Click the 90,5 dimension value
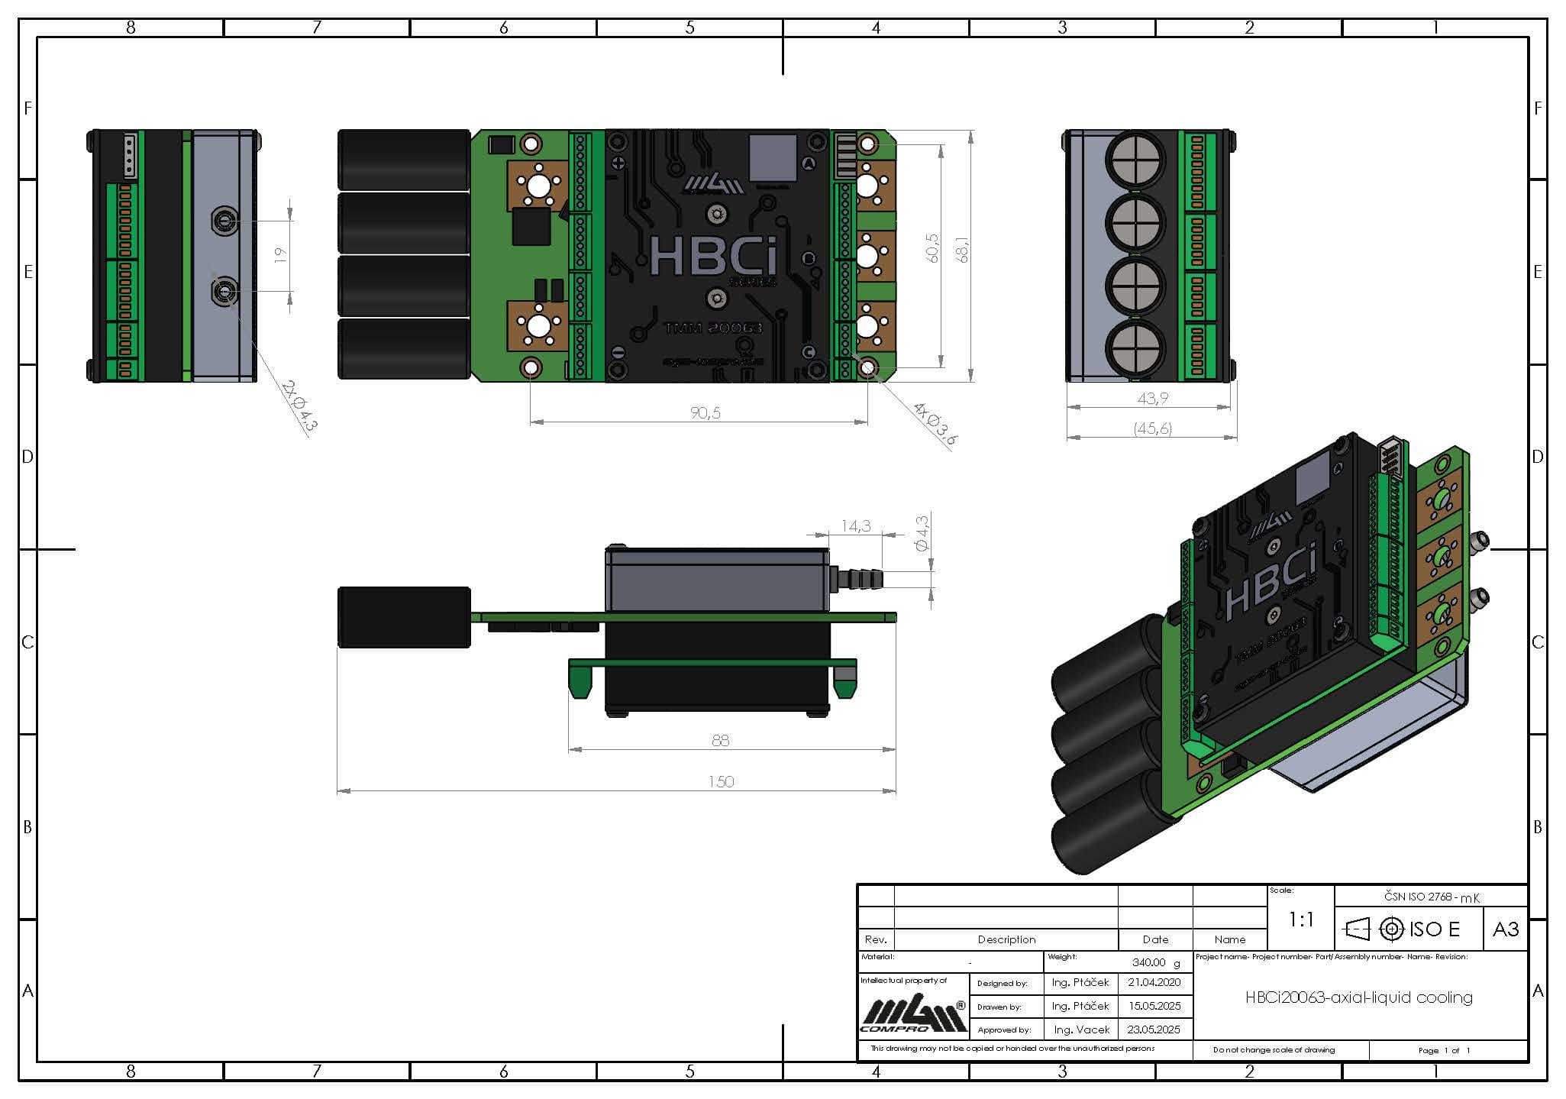point(705,412)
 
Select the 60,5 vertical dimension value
point(932,249)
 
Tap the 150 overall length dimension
point(721,781)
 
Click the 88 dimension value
point(720,740)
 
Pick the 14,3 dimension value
point(855,525)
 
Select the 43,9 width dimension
point(1152,398)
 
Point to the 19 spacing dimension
point(280,254)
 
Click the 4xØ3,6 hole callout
point(935,424)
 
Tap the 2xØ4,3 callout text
point(299,406)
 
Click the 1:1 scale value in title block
point(1301,920)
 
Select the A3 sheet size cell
point(1505,929)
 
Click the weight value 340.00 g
point(1155,962)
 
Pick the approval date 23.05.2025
point(1154,1030)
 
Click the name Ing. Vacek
point(1081,1030)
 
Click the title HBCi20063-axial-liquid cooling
point(1359,997)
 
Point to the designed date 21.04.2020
point(1154,983)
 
